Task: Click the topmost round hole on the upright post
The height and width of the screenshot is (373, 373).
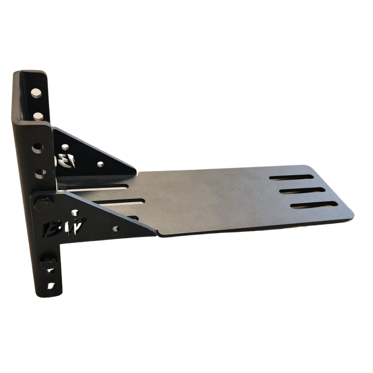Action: (x=36, y=93)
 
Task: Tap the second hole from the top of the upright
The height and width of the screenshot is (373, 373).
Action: (x=38, y=116)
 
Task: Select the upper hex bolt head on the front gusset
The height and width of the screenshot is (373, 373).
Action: (x=43, y=205)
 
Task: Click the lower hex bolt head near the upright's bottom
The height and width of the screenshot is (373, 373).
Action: (x=48, y=263)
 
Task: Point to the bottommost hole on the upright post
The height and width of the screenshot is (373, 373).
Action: (x=51, y=286)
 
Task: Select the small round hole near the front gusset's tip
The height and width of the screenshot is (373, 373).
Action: (x=115, y=229)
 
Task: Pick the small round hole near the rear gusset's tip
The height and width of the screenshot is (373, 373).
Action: (x=100, y=164)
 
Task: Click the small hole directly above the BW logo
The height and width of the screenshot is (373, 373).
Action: (x=74, y=213)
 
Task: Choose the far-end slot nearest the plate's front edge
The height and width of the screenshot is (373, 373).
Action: (x=314, y=205)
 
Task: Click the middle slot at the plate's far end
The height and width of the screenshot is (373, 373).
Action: (x=302, y=191)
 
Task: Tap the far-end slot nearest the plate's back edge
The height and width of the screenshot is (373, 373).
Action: (x=291, y=177)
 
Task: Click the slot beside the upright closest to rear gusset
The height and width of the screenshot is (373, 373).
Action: (x=97, y=188)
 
